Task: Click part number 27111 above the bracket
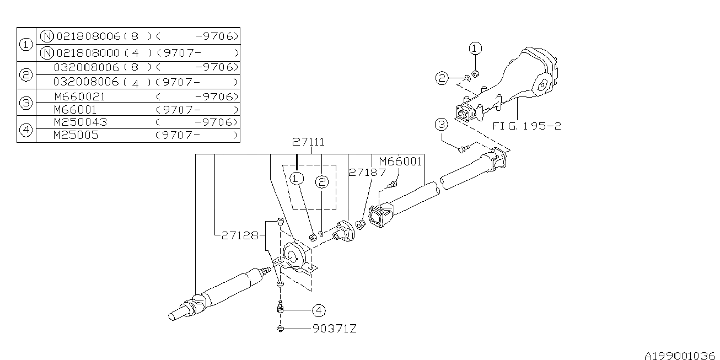[x=308, y=142]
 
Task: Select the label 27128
[x=240, y=235]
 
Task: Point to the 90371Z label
[x=335, y=329]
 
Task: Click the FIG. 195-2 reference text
[x=526, y=126]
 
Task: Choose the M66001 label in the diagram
[x=400, y=162]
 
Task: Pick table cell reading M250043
[x=80, y=122]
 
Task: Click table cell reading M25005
[x=76, y=135]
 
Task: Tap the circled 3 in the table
[x=26, y=103]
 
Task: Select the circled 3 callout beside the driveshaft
[x=442, y=125]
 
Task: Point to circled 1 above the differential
[x=475, y=49]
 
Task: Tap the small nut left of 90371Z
[x=280, y=329]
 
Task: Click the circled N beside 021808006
[x=47, y=36]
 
